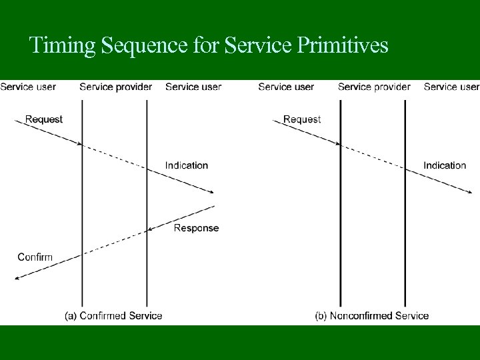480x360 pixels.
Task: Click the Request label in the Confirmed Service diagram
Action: click(44, 119)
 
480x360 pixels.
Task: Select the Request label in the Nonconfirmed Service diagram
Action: click(302, 119)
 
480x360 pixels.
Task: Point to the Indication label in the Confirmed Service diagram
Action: click(187, 165)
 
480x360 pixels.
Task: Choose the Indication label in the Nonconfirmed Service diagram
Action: click(445, 165)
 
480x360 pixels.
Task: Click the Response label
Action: click(196, 228)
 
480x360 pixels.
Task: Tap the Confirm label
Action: click(35, 257)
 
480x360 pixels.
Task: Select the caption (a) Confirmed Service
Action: click(113, 315)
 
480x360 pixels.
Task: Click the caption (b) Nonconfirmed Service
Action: click(372, 315)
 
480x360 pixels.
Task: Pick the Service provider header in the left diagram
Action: click(116, 86)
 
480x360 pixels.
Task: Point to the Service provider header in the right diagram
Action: click(374, 86)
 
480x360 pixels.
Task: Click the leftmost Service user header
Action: click(28, 86)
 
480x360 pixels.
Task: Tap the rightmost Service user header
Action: click(451, 86)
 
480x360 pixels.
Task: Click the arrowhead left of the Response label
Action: click(151, 230)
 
